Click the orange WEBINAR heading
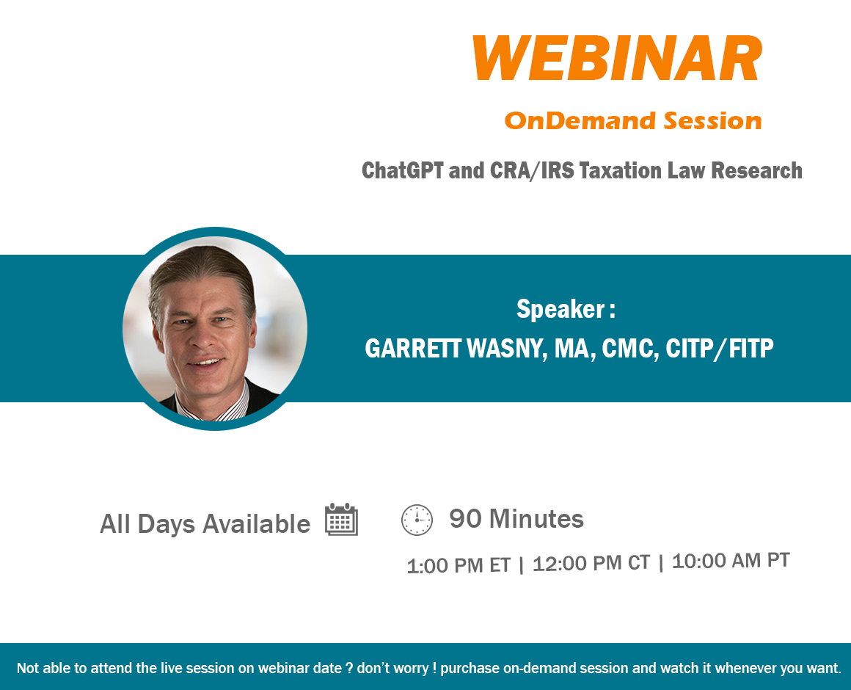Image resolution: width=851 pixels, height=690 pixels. pos(618,58)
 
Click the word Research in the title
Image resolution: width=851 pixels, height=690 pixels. pos(756,170)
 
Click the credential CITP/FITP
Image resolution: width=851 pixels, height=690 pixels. pos(720,349)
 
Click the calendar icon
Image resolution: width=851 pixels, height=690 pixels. pos(341,520)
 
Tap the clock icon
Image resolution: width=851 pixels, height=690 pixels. pos(417,520)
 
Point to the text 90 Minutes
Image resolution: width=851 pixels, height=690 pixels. pos(516,518)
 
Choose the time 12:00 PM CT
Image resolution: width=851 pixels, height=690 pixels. pos(591,563)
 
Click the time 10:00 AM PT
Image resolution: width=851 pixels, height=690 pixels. pos(731,560)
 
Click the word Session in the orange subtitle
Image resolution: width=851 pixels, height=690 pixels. pos(712,120)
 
